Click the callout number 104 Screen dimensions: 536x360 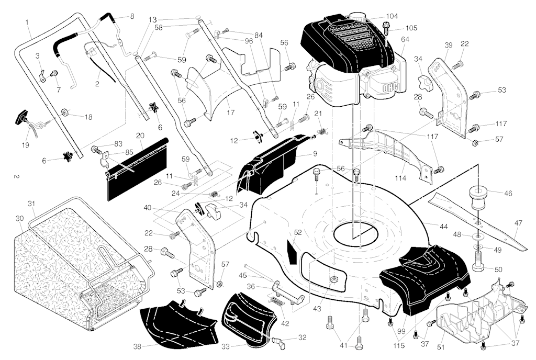[392, 16]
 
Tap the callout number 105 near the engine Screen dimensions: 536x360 [411, 28]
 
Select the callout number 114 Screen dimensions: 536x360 [400, 178]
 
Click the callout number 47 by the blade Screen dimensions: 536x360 [518, 223]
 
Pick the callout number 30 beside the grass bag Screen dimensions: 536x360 [20, 218]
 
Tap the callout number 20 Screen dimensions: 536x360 [140, 136]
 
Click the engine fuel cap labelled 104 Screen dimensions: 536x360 [357, 16]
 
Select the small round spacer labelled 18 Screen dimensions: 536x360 [64, 113]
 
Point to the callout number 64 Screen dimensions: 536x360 [405, 40]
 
